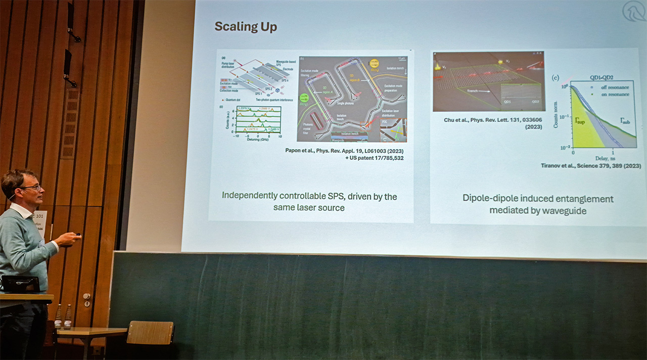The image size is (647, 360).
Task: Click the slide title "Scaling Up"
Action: click(x=246, y=27)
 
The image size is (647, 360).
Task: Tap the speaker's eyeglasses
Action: click(x=31, y=188)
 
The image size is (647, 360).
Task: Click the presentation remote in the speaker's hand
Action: click(x=77, y=234)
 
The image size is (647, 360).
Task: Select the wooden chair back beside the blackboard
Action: click(x=150, y=332)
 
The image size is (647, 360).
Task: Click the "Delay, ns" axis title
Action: click(x=601, y=158)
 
